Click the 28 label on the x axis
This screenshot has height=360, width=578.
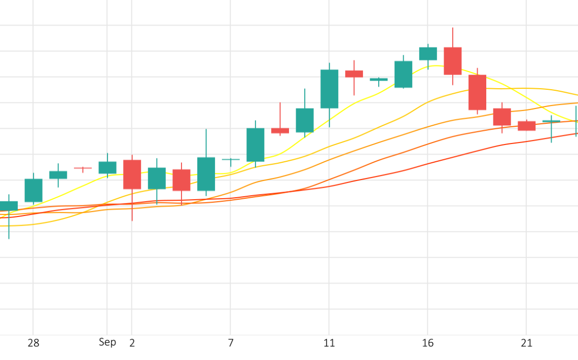click(33, 343)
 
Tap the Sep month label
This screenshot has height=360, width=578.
click(107, 342)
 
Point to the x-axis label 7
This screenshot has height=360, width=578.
click(231, 343)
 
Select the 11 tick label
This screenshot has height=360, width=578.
click(329, 343)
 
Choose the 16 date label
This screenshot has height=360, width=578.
click(428, 343)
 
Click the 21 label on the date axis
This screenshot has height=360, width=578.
click(526, 343)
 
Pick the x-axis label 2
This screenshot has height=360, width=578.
click(132, 343)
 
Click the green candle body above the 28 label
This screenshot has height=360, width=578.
click(33, 190)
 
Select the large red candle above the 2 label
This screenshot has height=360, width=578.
click(132, 174)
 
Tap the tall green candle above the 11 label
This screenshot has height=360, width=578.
click(329, 89)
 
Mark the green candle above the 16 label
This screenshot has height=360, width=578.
click(428, 53)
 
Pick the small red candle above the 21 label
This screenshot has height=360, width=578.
click(526, 126)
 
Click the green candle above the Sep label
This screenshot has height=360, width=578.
click(107, 167)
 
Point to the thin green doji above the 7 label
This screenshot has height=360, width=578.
click(231, 160)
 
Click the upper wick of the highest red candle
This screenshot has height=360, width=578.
click(453, 37)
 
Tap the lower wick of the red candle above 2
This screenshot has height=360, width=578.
click(132, 205)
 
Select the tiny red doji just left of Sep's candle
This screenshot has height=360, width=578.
click(83, 168)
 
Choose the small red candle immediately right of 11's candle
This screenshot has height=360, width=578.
click(354, 74)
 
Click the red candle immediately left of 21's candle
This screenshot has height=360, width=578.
click(502, 117)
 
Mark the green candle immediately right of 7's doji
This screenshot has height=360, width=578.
click(255, 145)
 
